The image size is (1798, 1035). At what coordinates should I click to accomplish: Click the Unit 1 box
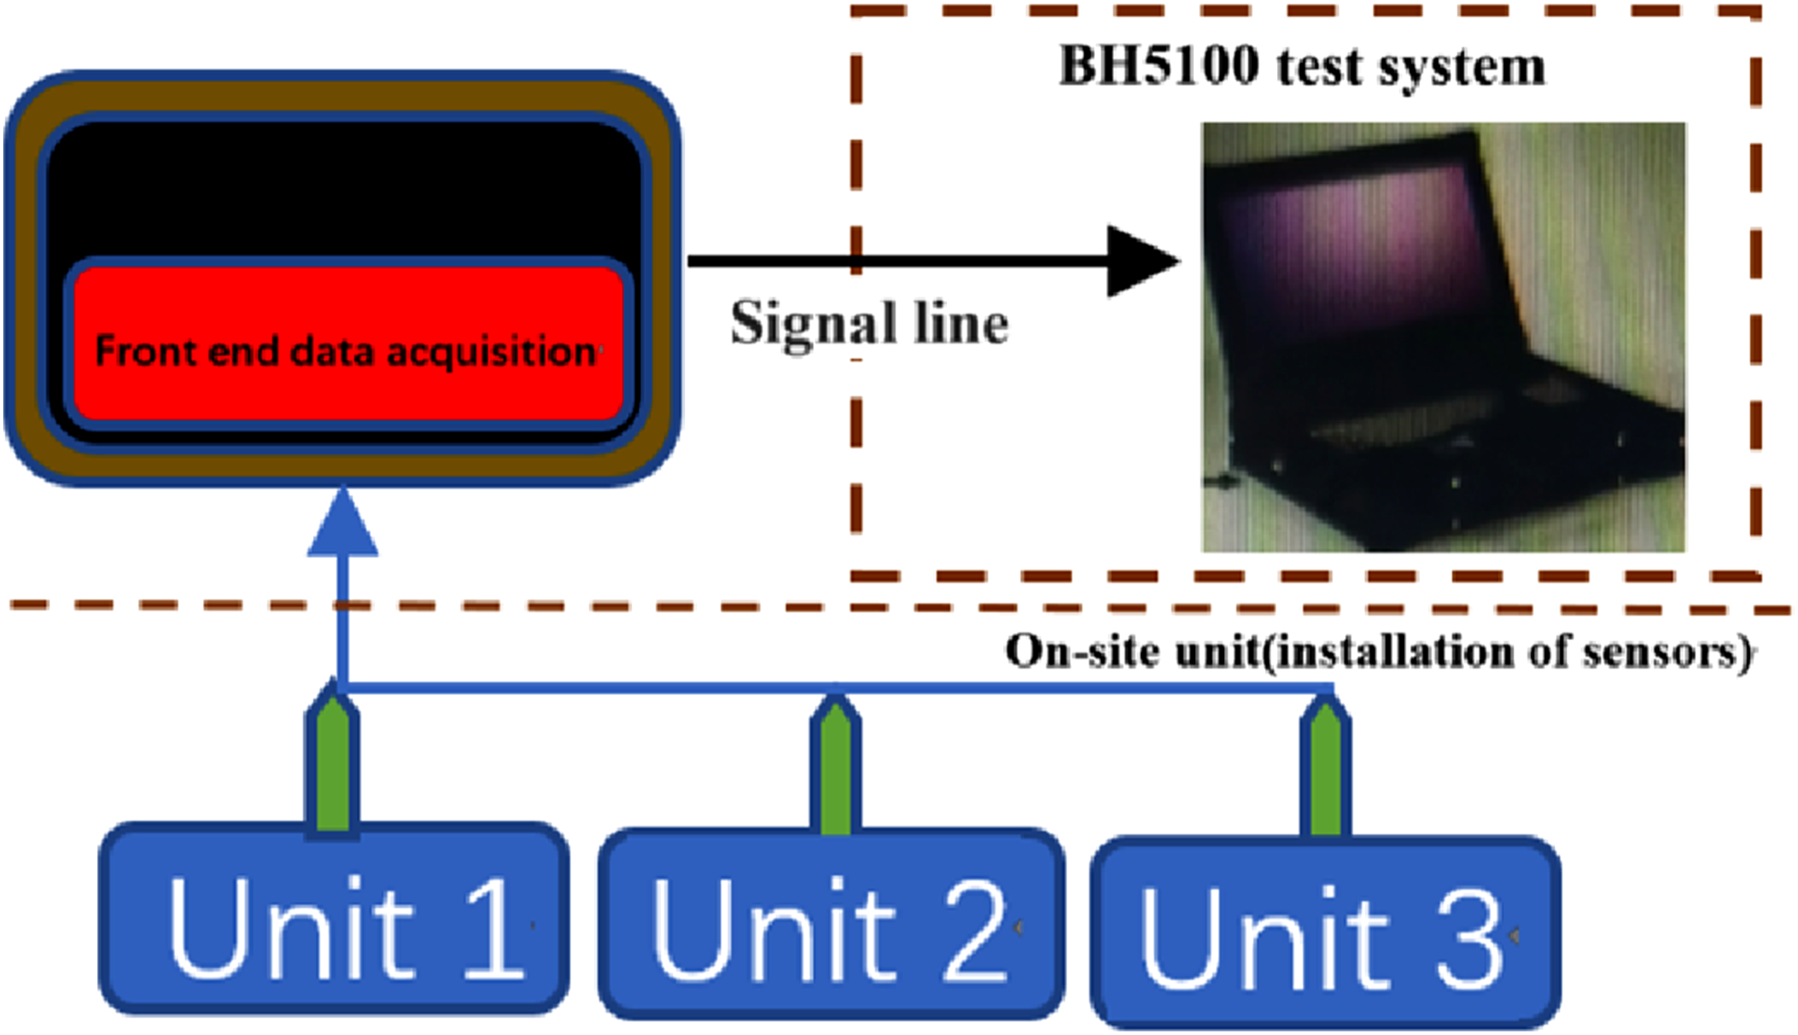click(333, 918)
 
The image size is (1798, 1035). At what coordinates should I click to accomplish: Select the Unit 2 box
click(831, 923)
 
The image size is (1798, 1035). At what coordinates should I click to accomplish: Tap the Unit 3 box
click(1326, 932)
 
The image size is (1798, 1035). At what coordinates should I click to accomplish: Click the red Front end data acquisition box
click(348, 344)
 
